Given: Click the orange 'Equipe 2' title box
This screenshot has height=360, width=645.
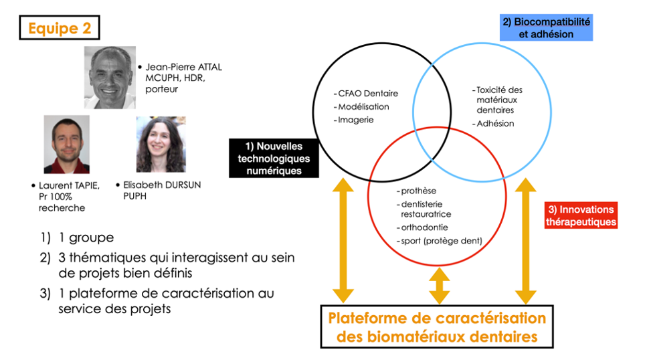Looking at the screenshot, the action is pos(60,27).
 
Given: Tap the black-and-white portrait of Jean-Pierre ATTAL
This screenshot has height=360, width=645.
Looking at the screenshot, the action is pos(110,78).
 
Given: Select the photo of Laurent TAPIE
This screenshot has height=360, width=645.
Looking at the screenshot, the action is pos(67,145).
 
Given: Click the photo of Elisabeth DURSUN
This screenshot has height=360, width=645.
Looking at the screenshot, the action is pos(161,145).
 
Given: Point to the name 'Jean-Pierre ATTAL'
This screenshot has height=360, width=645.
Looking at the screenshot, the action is pos(183,67).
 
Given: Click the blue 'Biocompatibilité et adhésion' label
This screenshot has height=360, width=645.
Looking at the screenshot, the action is pos(546,27).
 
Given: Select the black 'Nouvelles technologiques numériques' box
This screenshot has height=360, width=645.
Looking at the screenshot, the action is pos(274,159).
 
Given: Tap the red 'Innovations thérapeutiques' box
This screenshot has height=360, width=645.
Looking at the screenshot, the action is pos(581,215).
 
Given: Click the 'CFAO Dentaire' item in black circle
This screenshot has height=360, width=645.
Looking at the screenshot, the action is pos(368,94).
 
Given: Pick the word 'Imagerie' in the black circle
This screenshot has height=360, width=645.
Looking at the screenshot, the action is pos(356,120).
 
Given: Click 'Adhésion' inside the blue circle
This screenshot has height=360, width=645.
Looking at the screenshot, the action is pos(495,123).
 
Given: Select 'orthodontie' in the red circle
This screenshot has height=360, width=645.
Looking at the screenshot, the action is pos(424,228).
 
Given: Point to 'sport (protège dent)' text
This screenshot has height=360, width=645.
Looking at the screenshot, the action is pos(442,241).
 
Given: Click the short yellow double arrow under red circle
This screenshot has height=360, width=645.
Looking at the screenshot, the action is pos(440,286).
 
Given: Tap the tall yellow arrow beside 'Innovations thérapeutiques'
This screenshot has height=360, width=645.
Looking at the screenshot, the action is pos(526,241).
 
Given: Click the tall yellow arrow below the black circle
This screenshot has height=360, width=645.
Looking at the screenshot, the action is pos(343,240).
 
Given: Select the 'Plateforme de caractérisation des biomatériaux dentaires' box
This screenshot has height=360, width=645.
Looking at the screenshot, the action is pos(437,327).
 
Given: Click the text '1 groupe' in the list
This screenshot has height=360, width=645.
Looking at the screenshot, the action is pos(86,238).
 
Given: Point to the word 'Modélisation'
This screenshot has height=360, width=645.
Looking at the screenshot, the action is pos(363,106).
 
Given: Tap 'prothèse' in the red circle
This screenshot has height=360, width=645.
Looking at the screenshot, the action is pos(419,191).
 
